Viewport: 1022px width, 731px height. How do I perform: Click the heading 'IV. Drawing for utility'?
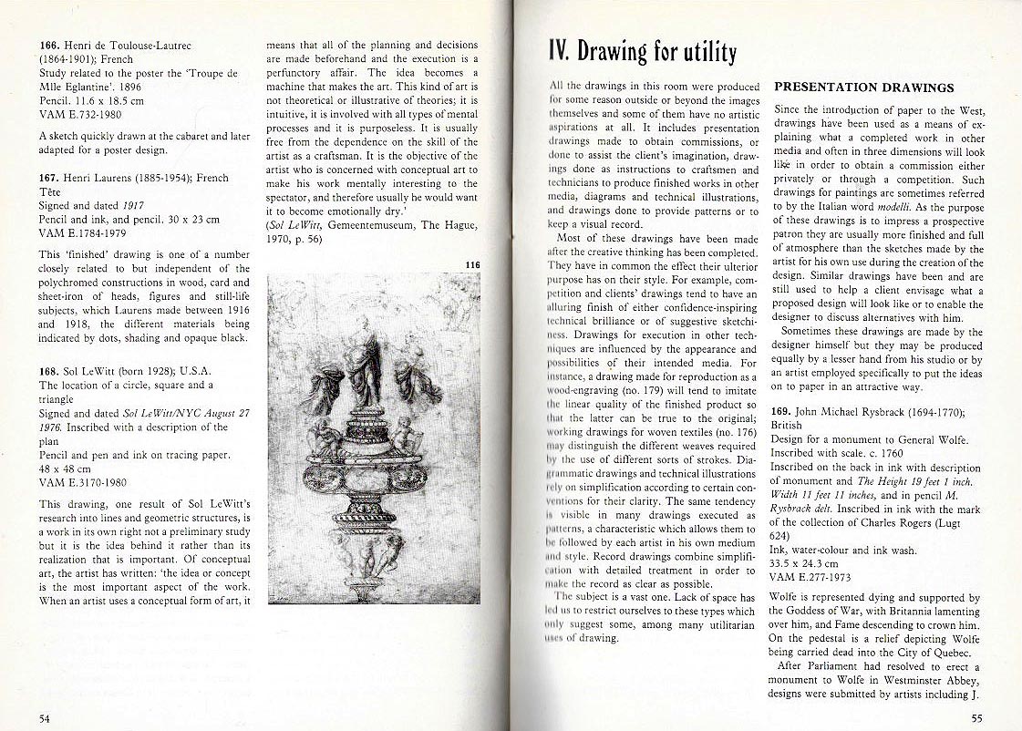click(x=643, y=51)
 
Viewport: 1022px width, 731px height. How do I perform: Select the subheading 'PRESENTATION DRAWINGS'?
click(x=863, y=88)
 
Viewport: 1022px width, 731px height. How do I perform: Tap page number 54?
click(x=45, y=718)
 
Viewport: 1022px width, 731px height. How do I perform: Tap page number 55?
click(x=976, y=718)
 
